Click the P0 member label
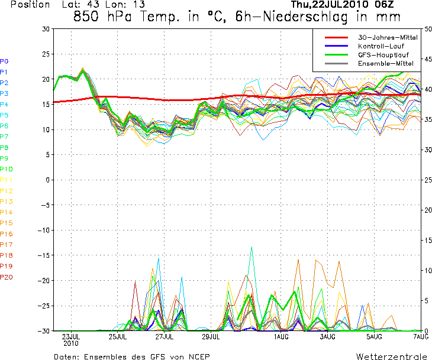click(x=4, y=61)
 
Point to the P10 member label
click(x=6, y=169)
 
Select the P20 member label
click(x=6, y=277)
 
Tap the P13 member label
click(x=6, y=202)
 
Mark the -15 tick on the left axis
click(x=44, y=255)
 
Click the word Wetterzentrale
click(x=392, y=356)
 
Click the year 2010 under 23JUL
click(x=71, y=343)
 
